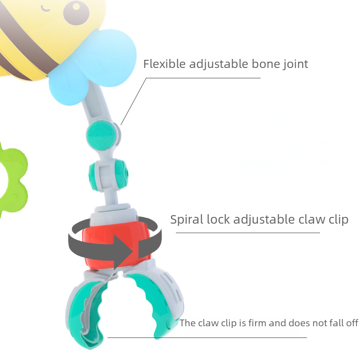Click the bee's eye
[x=77, y=11]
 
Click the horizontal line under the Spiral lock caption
[x=247, y=233]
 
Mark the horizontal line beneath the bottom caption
[x=207, y=337]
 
